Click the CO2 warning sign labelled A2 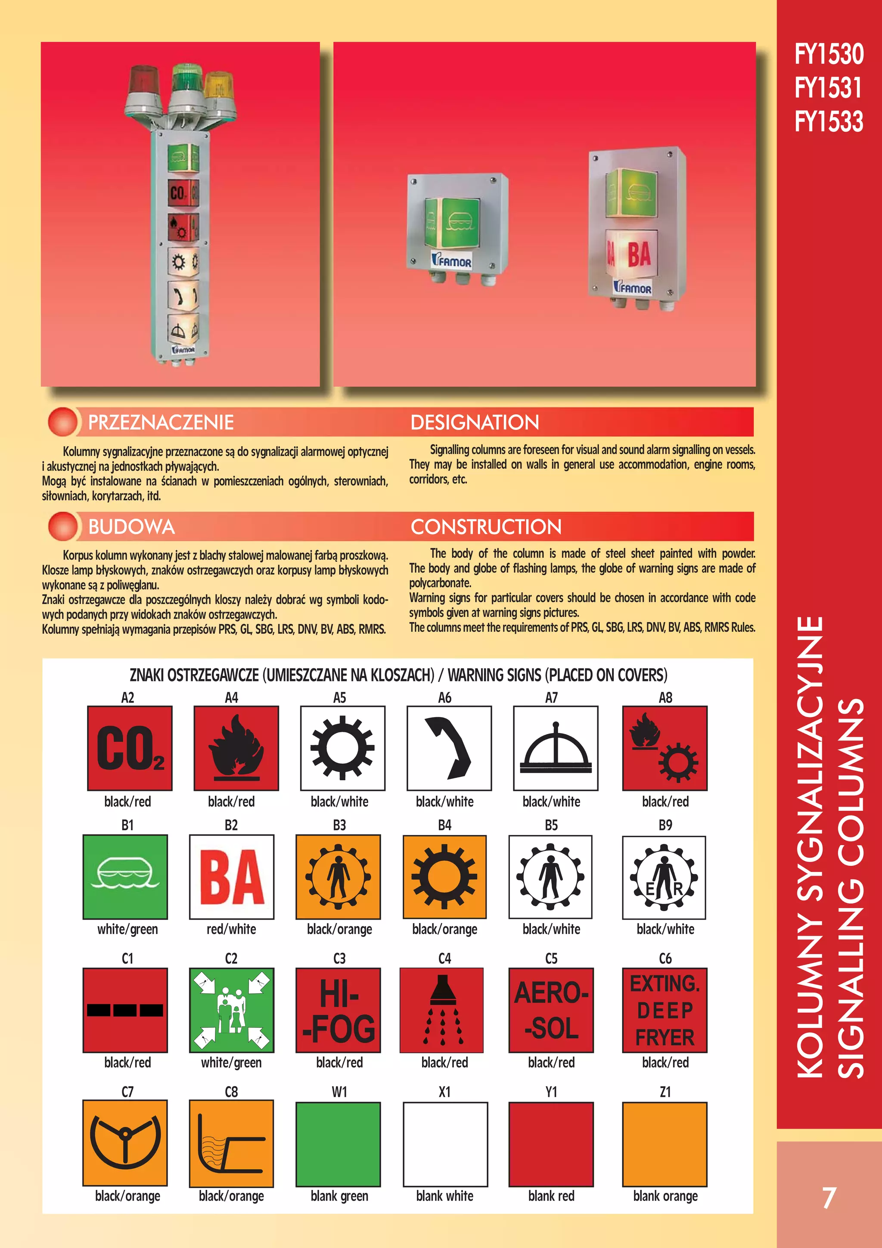[130, 748]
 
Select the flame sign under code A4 [236, 748]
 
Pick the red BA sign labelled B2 [232, 877]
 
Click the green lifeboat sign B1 [125, 877]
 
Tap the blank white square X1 [445, 1144]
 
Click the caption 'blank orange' [665, 1196]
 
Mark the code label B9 [665, 825]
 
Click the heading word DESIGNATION [475, 422]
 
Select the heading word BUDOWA [131, 527]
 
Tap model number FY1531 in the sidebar [828, 87]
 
